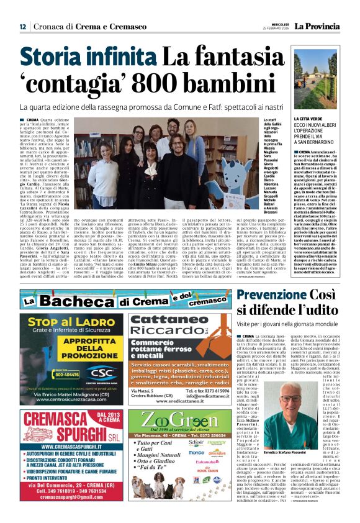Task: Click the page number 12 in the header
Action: click(x=23, y=26)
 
